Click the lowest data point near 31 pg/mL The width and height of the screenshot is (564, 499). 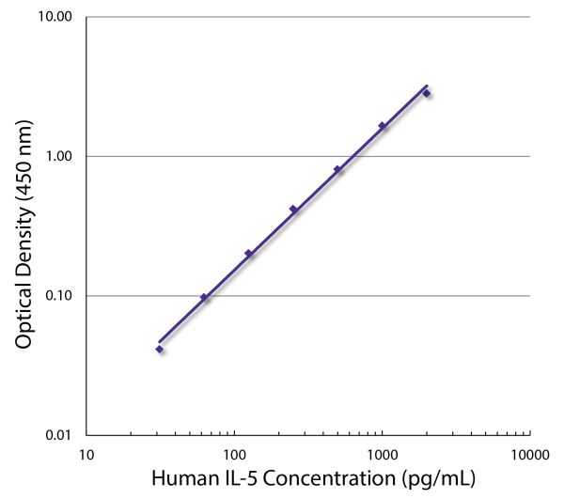(x=160, y=349)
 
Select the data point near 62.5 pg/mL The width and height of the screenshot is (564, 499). (x=204, y=297)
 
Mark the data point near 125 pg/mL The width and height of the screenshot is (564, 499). (x=248, y=253)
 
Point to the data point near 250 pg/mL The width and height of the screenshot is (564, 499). (x=293, y=209)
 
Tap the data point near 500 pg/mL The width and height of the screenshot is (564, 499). (x=337, y=169)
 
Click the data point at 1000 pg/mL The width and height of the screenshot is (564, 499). (x=382, y=125)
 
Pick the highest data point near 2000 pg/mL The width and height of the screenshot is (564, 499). (x=426, y=92)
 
